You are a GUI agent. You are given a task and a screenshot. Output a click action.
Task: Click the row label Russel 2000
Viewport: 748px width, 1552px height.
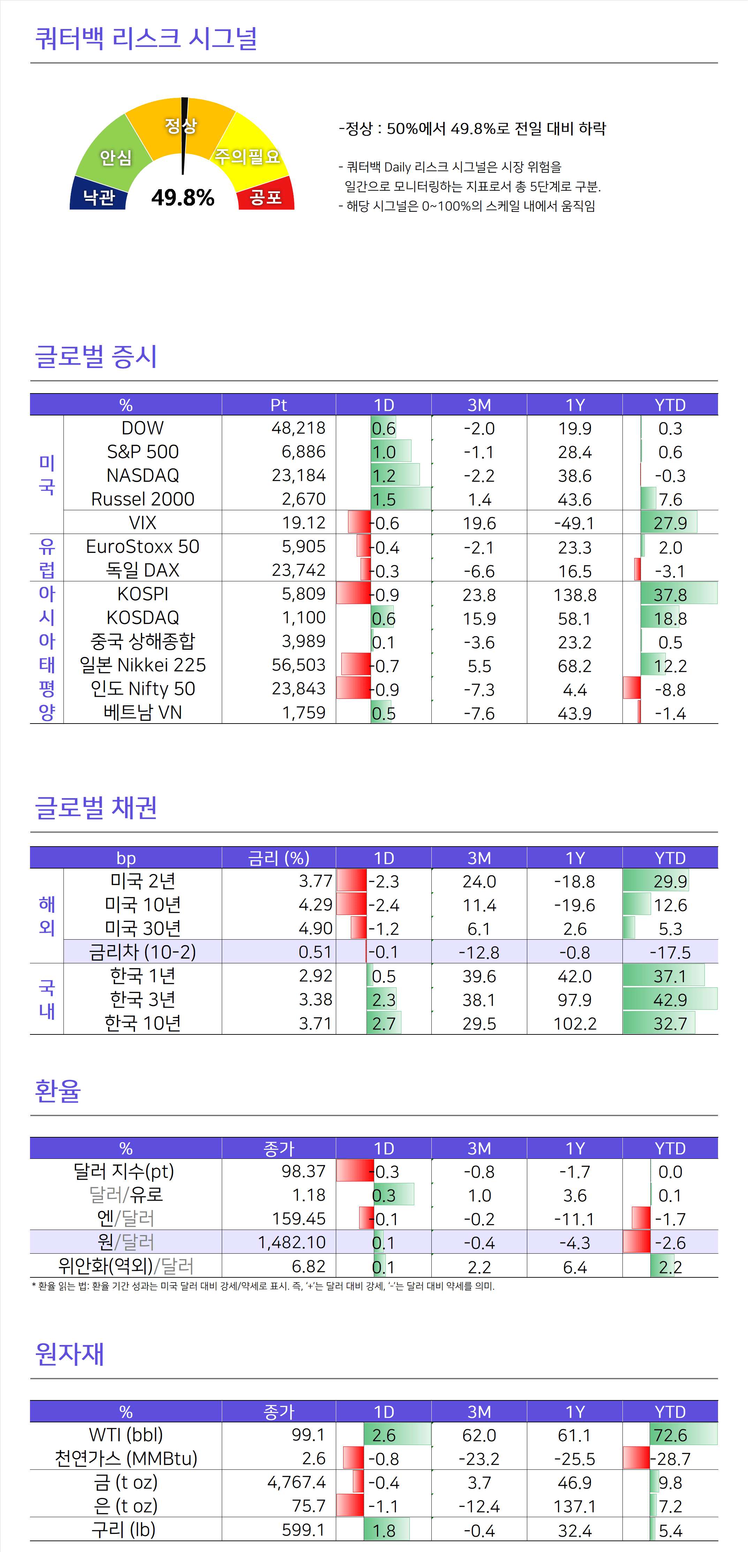[x=143, y=499]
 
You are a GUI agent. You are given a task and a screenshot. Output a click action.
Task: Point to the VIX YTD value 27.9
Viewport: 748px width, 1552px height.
[x=670, y=523]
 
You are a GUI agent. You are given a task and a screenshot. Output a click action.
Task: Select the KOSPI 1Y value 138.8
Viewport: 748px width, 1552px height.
[x=574, y=595]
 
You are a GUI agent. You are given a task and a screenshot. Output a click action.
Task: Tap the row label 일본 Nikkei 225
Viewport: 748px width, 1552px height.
[x=143, y=665]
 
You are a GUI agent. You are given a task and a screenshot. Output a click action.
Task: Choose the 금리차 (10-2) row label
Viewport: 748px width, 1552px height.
[x=143, y=952]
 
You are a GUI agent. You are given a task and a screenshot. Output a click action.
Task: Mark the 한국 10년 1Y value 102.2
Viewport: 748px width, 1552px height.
[x=574, y=1023]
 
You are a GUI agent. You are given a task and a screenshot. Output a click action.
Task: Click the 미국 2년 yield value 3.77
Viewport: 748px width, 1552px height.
[x=315, y=881]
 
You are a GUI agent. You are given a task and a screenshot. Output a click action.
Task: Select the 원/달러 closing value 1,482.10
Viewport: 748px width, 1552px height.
[x=292, y=1242]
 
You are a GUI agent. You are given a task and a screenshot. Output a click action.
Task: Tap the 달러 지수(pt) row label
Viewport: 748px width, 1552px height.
[x=123, y=1171]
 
